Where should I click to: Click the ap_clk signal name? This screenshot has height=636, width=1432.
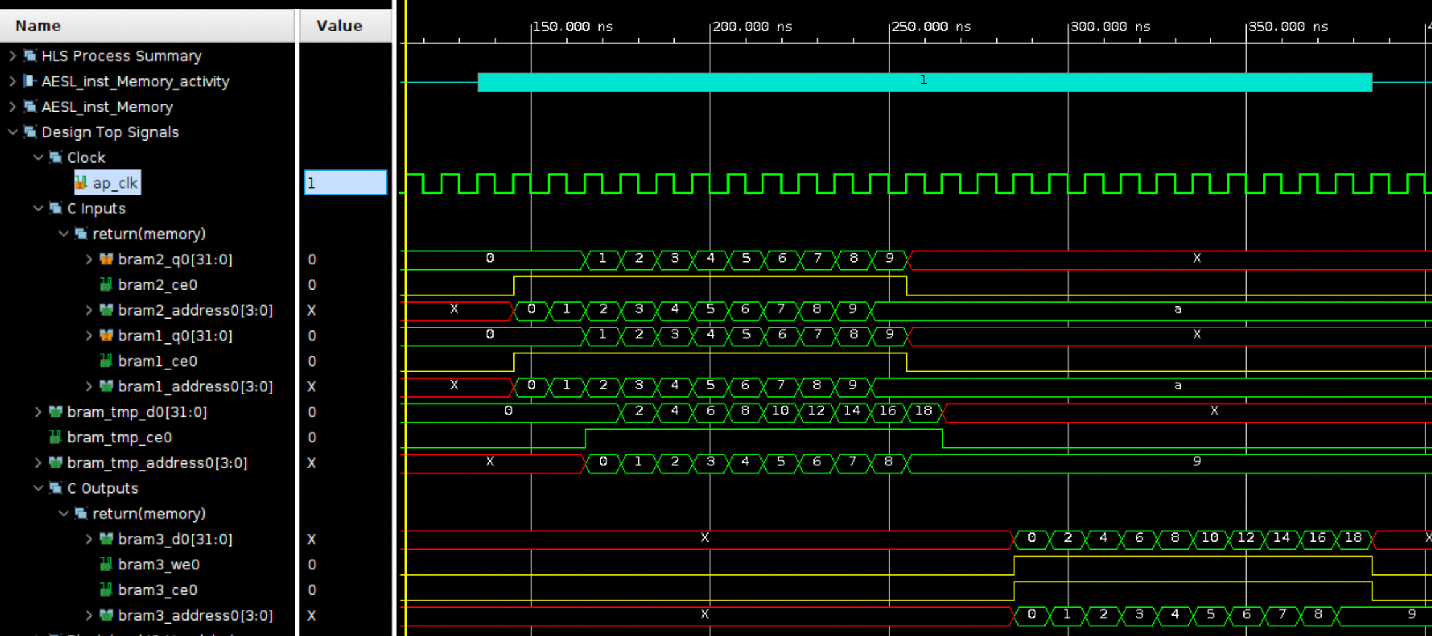(x=115, y=183)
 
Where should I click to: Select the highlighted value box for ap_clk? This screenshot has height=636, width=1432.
(x=345, y=183)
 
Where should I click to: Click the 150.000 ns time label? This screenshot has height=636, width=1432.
(x=572, y=26)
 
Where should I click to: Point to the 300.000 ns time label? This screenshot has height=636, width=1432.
(x=1110, y=26)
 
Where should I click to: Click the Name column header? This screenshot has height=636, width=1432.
(x=38, y=26)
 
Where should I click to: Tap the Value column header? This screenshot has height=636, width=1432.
(x=339, y=26)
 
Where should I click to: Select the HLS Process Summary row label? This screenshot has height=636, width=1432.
(x=121, y=56)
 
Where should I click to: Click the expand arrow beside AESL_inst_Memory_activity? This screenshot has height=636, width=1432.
(x=12, y=81)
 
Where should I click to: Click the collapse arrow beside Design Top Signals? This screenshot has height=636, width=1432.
(x=12, y=132)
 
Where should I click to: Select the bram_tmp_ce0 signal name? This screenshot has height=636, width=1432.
(x=120, y=438)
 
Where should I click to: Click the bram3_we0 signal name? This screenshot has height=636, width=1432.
(x=159, y=565)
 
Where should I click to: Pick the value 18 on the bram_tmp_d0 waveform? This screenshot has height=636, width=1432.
(x=923, y=411)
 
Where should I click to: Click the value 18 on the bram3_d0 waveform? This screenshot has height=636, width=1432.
(x=1353, y=538)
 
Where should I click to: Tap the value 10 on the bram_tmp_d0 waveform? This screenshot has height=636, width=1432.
(x=780, y=411)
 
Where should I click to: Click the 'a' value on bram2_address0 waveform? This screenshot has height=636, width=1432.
(x=1178, y=309)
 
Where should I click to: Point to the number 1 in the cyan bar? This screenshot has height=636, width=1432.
(x=923, y=80)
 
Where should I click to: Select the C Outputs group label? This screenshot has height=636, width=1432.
(x=102, y=488)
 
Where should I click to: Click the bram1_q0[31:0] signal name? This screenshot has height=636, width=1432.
(x=175, y=336)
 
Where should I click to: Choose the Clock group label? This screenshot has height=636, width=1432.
(x=86, y=158)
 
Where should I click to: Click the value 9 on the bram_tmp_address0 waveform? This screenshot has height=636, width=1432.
(x=1197, y=462)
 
